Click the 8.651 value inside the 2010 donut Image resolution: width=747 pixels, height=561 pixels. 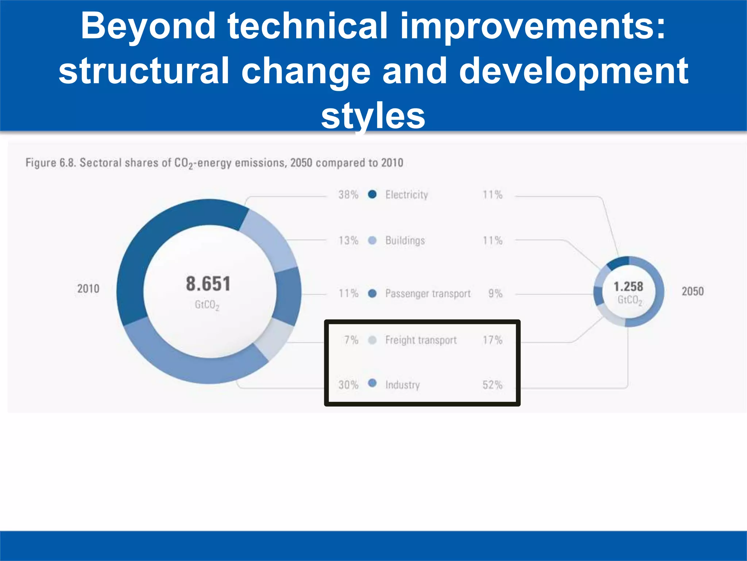[208, 284]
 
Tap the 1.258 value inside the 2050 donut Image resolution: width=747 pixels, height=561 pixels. [628, 286]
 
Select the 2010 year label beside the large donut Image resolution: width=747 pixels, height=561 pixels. [88, 289]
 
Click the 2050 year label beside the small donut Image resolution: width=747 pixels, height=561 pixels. [693, 291]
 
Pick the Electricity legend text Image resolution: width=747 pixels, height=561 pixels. [406, 195]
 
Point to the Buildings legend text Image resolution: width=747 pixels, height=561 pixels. [405, 240]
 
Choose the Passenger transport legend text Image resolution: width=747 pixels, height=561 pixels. [428, 293]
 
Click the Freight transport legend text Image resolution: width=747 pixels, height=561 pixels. [421, 340]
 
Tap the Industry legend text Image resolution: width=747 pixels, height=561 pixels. [402, 385]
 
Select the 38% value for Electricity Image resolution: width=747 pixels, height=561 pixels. [348, 195]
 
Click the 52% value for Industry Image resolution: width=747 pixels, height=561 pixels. [492, 385]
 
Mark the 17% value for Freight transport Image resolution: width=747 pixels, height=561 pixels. [492, 340]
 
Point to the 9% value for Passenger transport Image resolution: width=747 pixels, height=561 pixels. [495, 293]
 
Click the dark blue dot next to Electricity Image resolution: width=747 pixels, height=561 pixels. [372, 194]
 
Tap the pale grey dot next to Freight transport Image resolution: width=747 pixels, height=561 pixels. [372, 340]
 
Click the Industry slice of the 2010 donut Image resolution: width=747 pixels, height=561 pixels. [190, 365]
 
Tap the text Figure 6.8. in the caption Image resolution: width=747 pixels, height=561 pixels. [50, 163]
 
